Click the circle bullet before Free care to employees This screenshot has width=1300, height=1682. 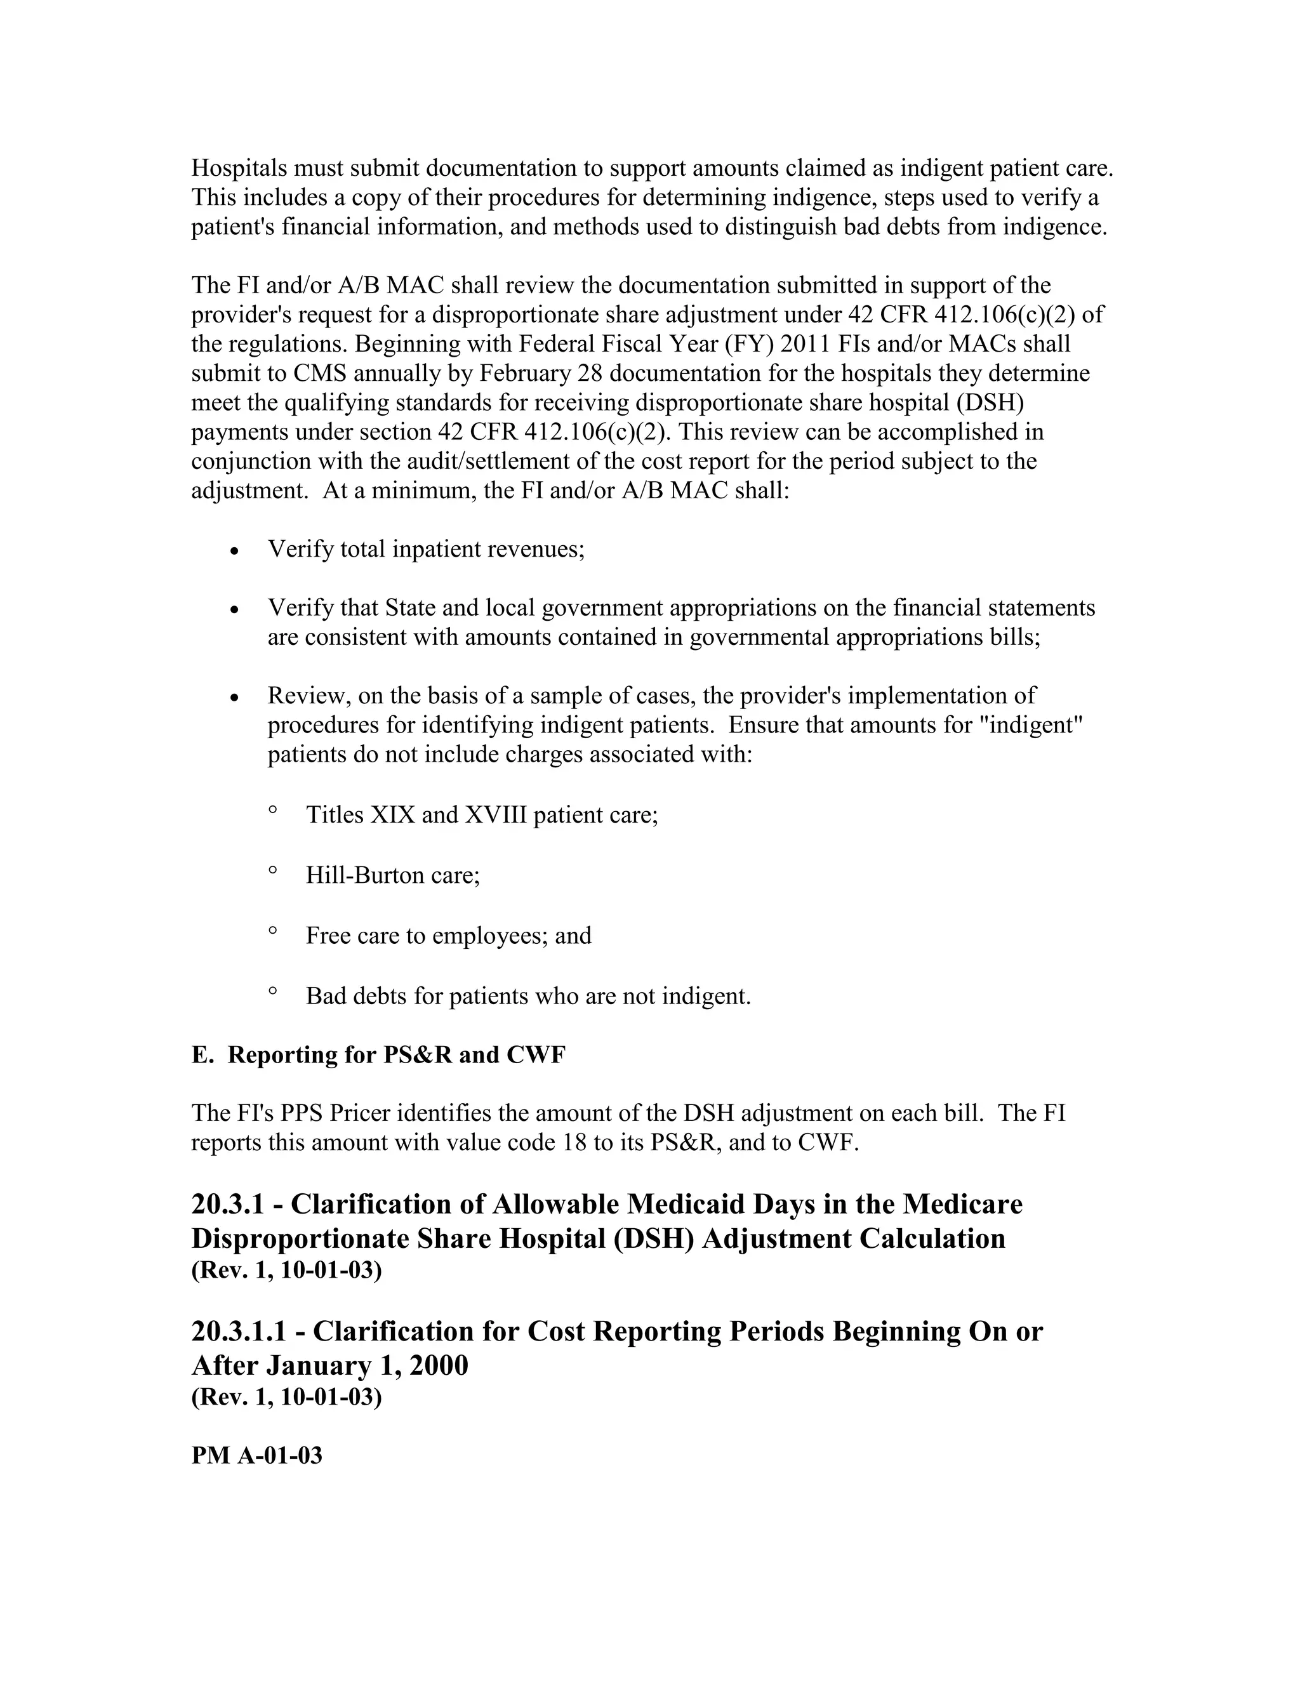click(272, 931)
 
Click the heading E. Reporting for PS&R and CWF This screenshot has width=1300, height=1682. click(378, 1055)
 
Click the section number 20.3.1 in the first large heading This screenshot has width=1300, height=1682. click(234, 1205)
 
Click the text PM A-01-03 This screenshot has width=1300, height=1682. click(256, 1456)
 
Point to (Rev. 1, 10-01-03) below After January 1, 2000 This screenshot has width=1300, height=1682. click(286, 1397)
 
